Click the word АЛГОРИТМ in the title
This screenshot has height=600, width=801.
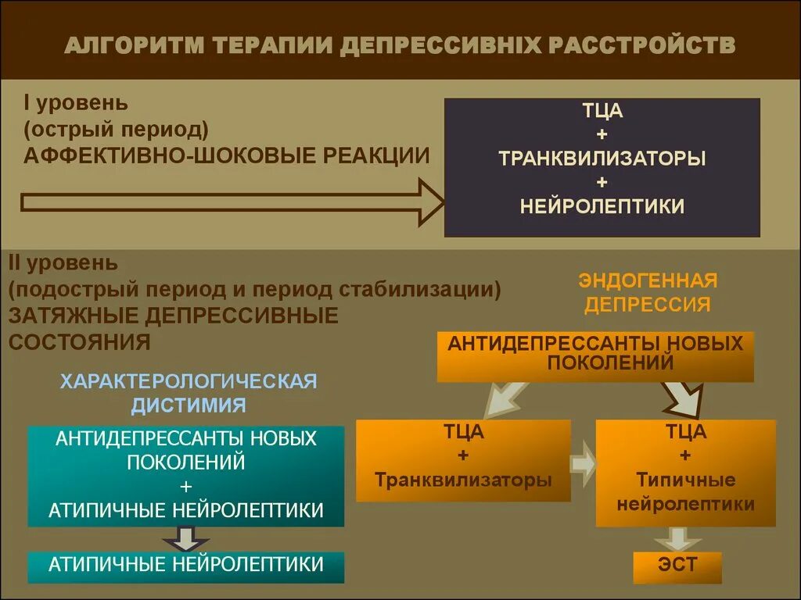(133, 45)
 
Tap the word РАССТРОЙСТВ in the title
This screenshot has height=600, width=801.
(644, 45)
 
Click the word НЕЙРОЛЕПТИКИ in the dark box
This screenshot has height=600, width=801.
(602, 206)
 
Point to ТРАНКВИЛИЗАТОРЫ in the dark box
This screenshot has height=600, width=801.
(602, 158)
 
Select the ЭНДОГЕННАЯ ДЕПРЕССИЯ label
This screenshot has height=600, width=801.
(648, 292)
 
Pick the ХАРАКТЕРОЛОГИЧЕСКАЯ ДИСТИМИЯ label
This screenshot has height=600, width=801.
(189, 393)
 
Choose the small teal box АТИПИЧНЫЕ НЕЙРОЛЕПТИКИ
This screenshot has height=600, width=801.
(186, 566)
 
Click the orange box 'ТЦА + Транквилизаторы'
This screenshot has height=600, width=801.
(463, 460)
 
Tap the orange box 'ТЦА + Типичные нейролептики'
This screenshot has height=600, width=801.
(685, 472)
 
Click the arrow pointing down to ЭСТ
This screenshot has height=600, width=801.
(678, 538)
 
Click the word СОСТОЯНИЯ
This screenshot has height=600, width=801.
(79, 342)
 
